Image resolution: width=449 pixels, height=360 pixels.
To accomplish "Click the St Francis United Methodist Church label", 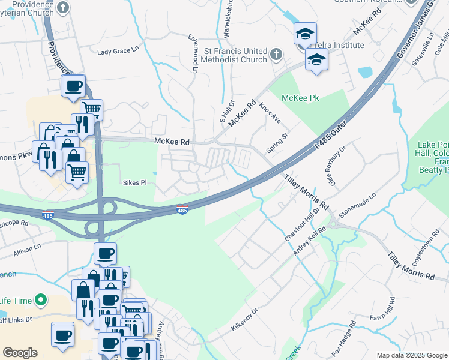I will coord(235,55).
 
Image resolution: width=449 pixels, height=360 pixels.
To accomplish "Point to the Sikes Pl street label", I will coord(134,182).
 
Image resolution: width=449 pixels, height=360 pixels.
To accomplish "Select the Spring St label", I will coord(277,143).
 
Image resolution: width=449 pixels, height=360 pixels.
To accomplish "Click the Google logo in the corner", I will coord(20,353).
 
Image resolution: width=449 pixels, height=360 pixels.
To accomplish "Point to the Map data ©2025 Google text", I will coord(411,355).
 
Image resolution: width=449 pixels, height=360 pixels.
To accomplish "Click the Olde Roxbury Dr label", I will coord(336,166).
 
